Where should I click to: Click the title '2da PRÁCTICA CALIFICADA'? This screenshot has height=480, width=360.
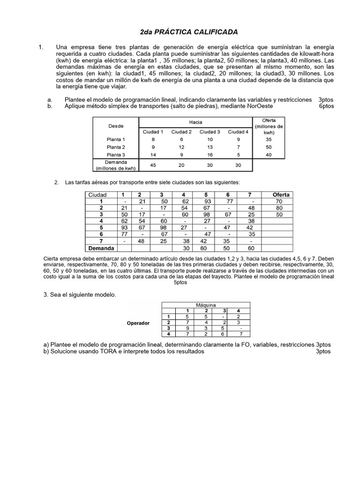tap(189, 32)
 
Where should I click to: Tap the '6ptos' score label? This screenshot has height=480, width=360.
tap(326, 106)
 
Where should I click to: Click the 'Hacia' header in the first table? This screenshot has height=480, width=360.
tap(196, 122)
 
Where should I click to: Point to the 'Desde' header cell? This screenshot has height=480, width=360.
tap(116, 126)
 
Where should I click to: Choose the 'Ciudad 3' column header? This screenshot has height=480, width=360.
tap(210, 132)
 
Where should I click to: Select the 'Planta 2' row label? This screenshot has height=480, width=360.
tap(116, 147)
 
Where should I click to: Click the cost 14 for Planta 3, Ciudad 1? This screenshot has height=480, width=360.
tap(153, 154)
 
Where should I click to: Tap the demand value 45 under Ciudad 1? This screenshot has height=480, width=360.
tap(153, 165)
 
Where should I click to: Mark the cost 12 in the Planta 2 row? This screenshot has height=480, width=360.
tap(181, 147)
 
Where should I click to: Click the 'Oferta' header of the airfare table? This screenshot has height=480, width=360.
tap(281, 195)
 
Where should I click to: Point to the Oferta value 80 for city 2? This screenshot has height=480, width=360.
tap(279, 208)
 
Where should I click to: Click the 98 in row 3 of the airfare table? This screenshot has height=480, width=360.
tap(206, 214)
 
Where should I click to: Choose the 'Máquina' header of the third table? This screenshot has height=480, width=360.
tap(206, 305)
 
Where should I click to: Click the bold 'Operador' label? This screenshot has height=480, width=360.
tap(138, 323)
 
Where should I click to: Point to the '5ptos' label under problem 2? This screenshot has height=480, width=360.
tap(181, 283)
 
